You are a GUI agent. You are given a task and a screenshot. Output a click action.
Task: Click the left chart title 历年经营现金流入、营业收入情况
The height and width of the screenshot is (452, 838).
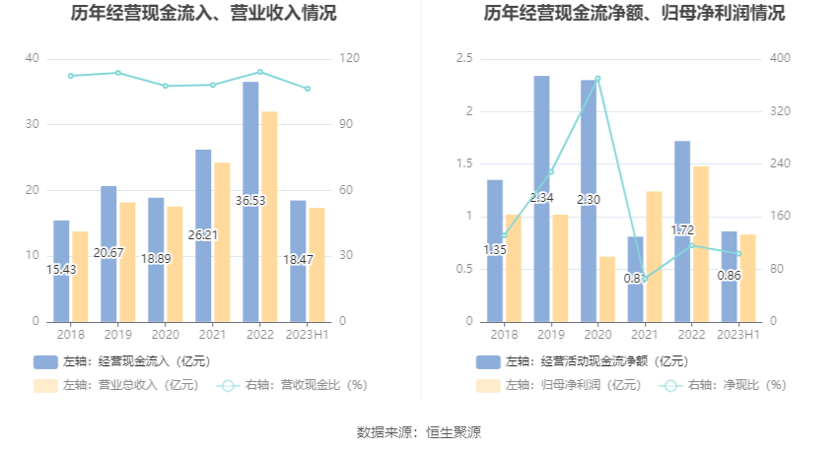[203, 14]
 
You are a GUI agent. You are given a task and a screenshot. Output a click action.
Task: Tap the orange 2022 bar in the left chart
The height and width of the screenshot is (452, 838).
[269, 217]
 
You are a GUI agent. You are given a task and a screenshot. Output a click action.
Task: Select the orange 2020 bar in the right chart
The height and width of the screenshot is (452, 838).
[607, 289]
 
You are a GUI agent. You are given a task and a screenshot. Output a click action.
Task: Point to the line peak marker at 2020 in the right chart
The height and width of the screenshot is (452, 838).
[597, 79]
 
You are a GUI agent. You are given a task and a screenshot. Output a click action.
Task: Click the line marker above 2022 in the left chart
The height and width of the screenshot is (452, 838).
[260, 72]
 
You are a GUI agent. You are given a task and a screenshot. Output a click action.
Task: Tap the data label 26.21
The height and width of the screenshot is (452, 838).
[203, 235]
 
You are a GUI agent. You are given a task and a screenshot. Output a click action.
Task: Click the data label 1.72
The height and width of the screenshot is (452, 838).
[682, 230]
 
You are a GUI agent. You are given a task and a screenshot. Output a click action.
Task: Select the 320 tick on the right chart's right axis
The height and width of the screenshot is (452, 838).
[779, 111]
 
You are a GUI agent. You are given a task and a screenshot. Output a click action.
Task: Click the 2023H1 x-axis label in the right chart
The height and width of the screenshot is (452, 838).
[738, 335]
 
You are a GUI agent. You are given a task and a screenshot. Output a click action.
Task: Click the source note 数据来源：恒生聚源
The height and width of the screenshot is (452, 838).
[419, 431]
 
